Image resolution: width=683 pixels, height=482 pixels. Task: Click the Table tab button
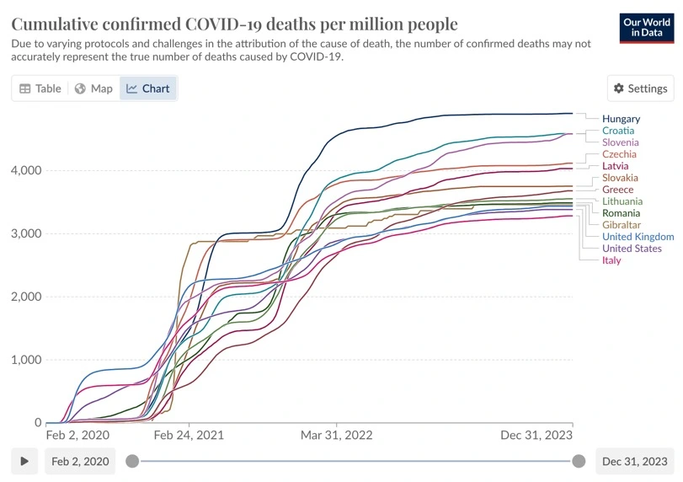[40, 88]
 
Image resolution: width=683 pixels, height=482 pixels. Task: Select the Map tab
[93, 88]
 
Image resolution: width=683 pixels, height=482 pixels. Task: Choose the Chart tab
[148, 88]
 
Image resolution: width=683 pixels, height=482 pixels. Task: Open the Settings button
[640, 88]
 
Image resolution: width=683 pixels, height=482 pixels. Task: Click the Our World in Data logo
[647, 27]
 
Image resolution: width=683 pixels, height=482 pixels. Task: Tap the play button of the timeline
[25, 461]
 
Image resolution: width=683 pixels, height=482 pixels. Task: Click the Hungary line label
[621, 119]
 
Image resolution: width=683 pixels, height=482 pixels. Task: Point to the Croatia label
[618, 131]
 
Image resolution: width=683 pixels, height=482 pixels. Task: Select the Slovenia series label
[620, 142]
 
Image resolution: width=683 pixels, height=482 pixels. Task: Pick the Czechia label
[619, 154]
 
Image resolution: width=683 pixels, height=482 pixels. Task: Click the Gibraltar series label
[621, 225]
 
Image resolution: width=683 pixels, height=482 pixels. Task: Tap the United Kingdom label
[638, 237]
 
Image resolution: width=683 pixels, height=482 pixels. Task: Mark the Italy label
[611, 260]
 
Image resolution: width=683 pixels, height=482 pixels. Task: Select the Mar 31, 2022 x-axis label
[336, 435]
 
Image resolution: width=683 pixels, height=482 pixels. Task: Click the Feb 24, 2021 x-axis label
[189, 435]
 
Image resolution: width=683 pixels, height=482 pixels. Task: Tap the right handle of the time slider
[579, 461]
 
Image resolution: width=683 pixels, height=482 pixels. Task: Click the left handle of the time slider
[131, 461]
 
